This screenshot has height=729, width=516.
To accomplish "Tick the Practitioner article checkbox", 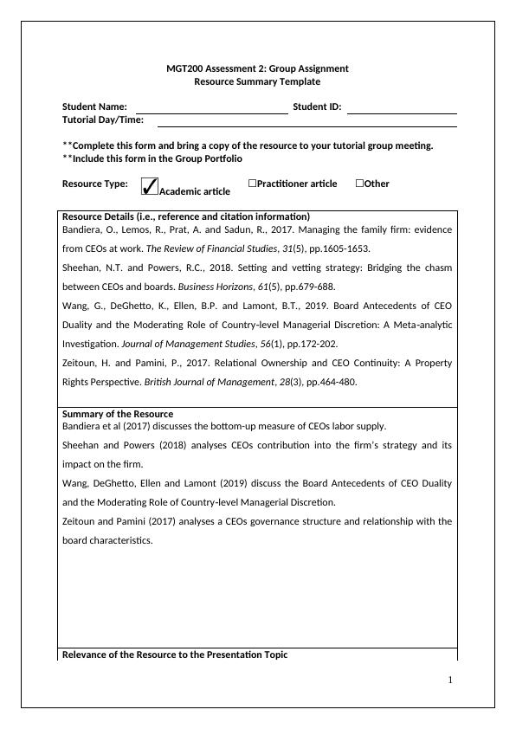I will pyautogui.click(x=252, y=184).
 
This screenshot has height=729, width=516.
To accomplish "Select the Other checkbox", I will pyautogui.click(x=359, y=184).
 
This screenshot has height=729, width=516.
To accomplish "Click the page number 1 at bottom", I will pyautogui.click(x=450, y=680).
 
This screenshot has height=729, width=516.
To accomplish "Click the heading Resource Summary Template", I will pyautogui.click(x=257, y=81).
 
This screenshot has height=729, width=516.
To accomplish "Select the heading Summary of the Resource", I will pyautogui.click(x=117, y=414).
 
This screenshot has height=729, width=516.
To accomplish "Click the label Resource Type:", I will pyautogui.click(x=94, y=184).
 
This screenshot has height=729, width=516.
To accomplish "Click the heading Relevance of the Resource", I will pyautogui.click(x=175, y=654).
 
